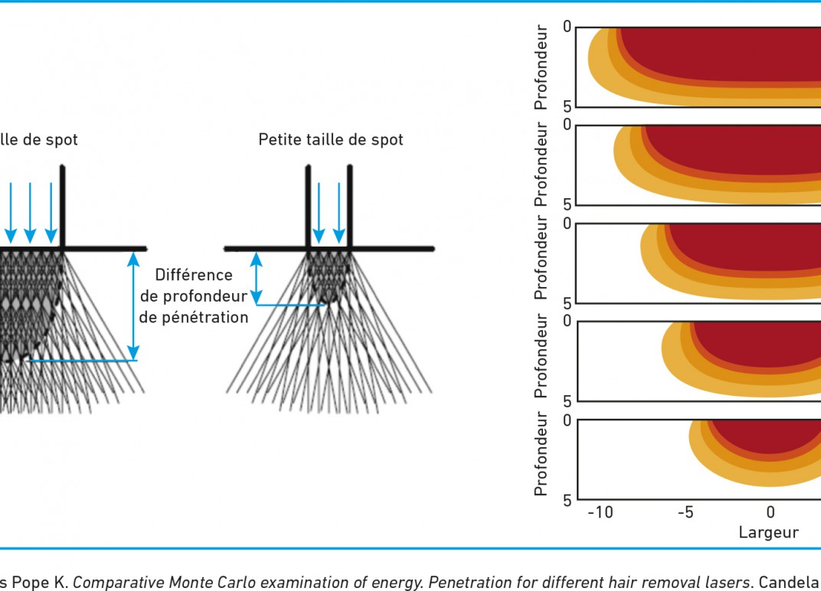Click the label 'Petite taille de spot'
pos(331,140)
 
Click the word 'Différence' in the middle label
pos(194,275)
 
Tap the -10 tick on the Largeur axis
pos(600,512)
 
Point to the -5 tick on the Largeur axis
pos(686,512)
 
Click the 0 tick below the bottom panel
pos(770,512)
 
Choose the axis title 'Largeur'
pos(769,532)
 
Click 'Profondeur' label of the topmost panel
pos(541,67)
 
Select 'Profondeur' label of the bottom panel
pos(541,453)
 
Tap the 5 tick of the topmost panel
pos(568,106)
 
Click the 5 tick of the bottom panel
pos(568,501)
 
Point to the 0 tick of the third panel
pos(568,224)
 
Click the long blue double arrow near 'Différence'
pos(133,306)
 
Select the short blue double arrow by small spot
pos(256,279)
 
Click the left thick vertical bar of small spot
pos(308,206)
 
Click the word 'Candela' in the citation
pos(790,582)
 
